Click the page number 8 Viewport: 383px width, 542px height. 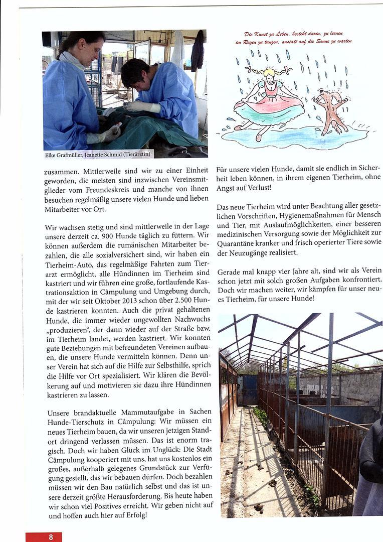51,537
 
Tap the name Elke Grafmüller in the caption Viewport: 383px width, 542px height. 63,155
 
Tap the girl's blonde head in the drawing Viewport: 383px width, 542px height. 269,73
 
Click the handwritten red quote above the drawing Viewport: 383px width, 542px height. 293,38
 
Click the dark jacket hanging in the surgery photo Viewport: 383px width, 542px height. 198,50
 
